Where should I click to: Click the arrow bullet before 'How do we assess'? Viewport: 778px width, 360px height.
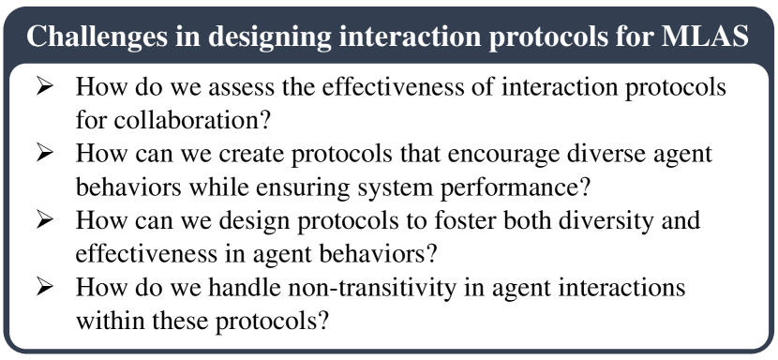click(45, 87)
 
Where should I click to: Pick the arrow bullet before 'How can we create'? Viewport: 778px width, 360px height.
click(45, 154)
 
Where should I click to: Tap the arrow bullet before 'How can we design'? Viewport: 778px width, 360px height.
click(45, 220)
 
